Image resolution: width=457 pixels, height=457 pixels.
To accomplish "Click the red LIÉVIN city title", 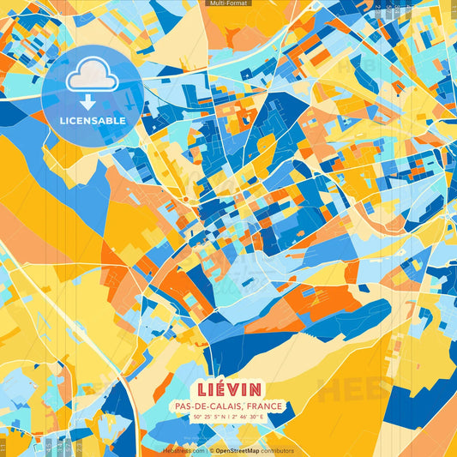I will [x=228, y=388].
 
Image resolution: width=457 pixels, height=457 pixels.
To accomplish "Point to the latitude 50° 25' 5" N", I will [x=211, y=417].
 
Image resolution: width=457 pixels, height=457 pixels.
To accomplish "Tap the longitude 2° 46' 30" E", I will [x=246, y=417].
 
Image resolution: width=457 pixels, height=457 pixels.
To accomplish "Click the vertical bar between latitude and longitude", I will [x=227, y=417].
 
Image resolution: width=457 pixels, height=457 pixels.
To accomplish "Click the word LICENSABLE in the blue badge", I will [x=93, y=121].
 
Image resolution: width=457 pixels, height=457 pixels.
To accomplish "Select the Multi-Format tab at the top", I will [x=228, y=3].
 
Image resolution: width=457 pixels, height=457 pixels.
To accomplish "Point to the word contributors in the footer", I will [x=277, y=450].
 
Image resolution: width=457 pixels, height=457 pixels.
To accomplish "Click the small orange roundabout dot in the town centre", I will [x=185, y=199].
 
